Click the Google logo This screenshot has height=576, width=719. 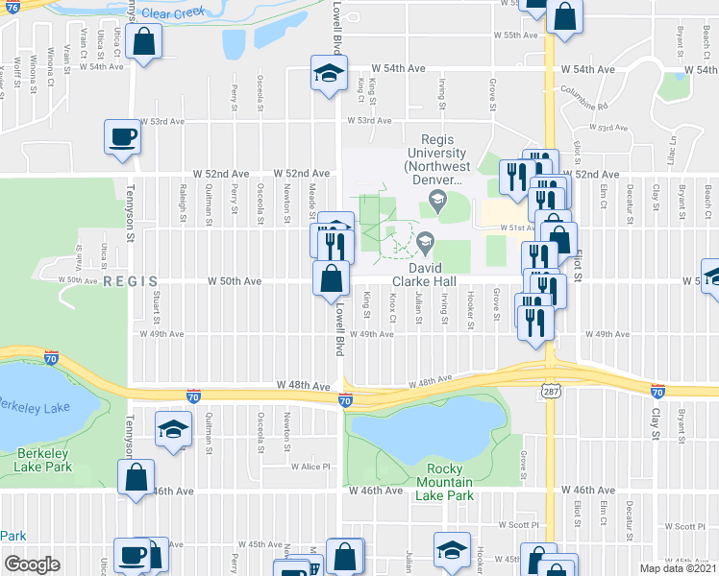click(x=33, y=564)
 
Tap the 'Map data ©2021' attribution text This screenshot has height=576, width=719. click(x=678, y=568)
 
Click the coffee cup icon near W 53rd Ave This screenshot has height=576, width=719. click(x=123, y=137)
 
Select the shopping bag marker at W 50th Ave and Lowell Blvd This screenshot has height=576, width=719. click(x=331, y=278)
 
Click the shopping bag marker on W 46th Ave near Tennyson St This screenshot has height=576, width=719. click(x=136, y=476)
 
